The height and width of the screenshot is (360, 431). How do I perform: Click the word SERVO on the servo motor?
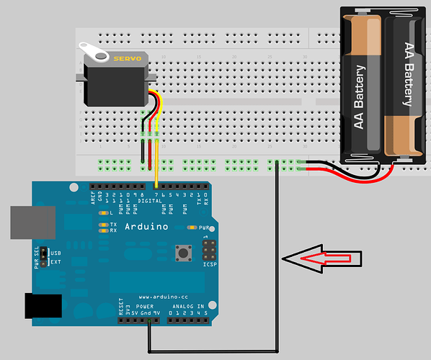(x=129, y=57)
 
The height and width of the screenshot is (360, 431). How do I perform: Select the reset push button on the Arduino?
(x=183, y=253)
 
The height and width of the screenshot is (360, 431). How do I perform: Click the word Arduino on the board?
(x=146, y=226)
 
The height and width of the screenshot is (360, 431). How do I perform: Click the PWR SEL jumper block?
(x=44, y=256)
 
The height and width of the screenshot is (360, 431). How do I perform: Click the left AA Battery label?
(x=360, y=98)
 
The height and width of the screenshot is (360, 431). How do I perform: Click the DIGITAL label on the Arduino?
(x=149, y=202)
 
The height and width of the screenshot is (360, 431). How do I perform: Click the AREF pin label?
(x=94, y=197)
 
